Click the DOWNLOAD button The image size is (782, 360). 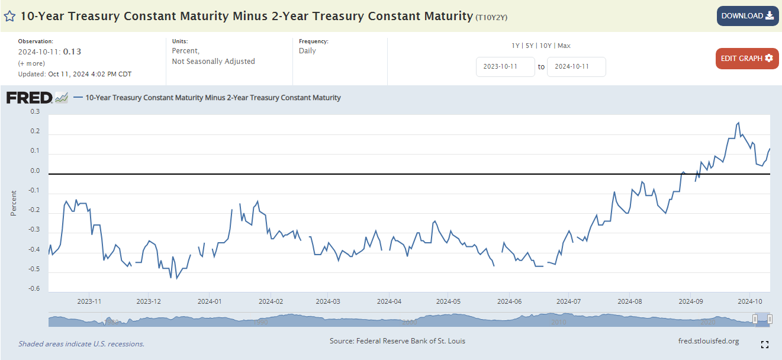pos(747,16)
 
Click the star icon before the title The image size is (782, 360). pos(10,16)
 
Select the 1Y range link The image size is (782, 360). pos(516,46)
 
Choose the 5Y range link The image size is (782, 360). pos(530,46)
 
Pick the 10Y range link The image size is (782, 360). pos(545,46)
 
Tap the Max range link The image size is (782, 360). pos(564,46)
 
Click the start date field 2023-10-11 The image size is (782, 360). pos(505,67)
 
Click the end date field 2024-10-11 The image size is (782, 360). pos(576,67)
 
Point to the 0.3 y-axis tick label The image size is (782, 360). pos(35,111)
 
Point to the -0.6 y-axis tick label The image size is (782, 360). pos(34,289)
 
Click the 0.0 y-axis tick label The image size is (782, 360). pos(35,171)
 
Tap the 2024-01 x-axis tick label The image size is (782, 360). pos(210,301)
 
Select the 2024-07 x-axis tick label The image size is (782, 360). pos(568,301)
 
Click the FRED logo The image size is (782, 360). pos(30,98)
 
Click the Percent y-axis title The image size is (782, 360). pos(14,202)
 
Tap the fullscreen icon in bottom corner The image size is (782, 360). pos(764,344)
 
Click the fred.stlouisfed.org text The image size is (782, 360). pos(708,341)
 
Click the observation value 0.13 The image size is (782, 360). pos(72,52)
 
